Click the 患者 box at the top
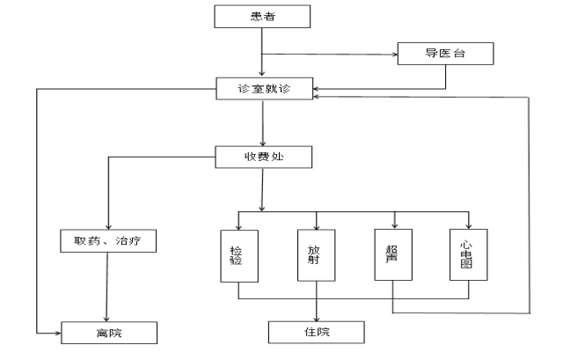(x=263, y=16)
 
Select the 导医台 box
(x=445, y=53)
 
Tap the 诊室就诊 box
(x=263, y=89)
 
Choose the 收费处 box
(x=263, y=158)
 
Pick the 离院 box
(x=109, y=333)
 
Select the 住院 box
(x=316, y=332)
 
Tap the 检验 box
(x=239, y=255)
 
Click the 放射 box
(x=316, y=255)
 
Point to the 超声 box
(x=393, y=255)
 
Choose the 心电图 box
(x=468, y=255)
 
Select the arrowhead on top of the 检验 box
(x=239, y=226)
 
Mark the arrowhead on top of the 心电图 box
(x=468, y=226)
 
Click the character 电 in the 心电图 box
(x=468, y=255)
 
